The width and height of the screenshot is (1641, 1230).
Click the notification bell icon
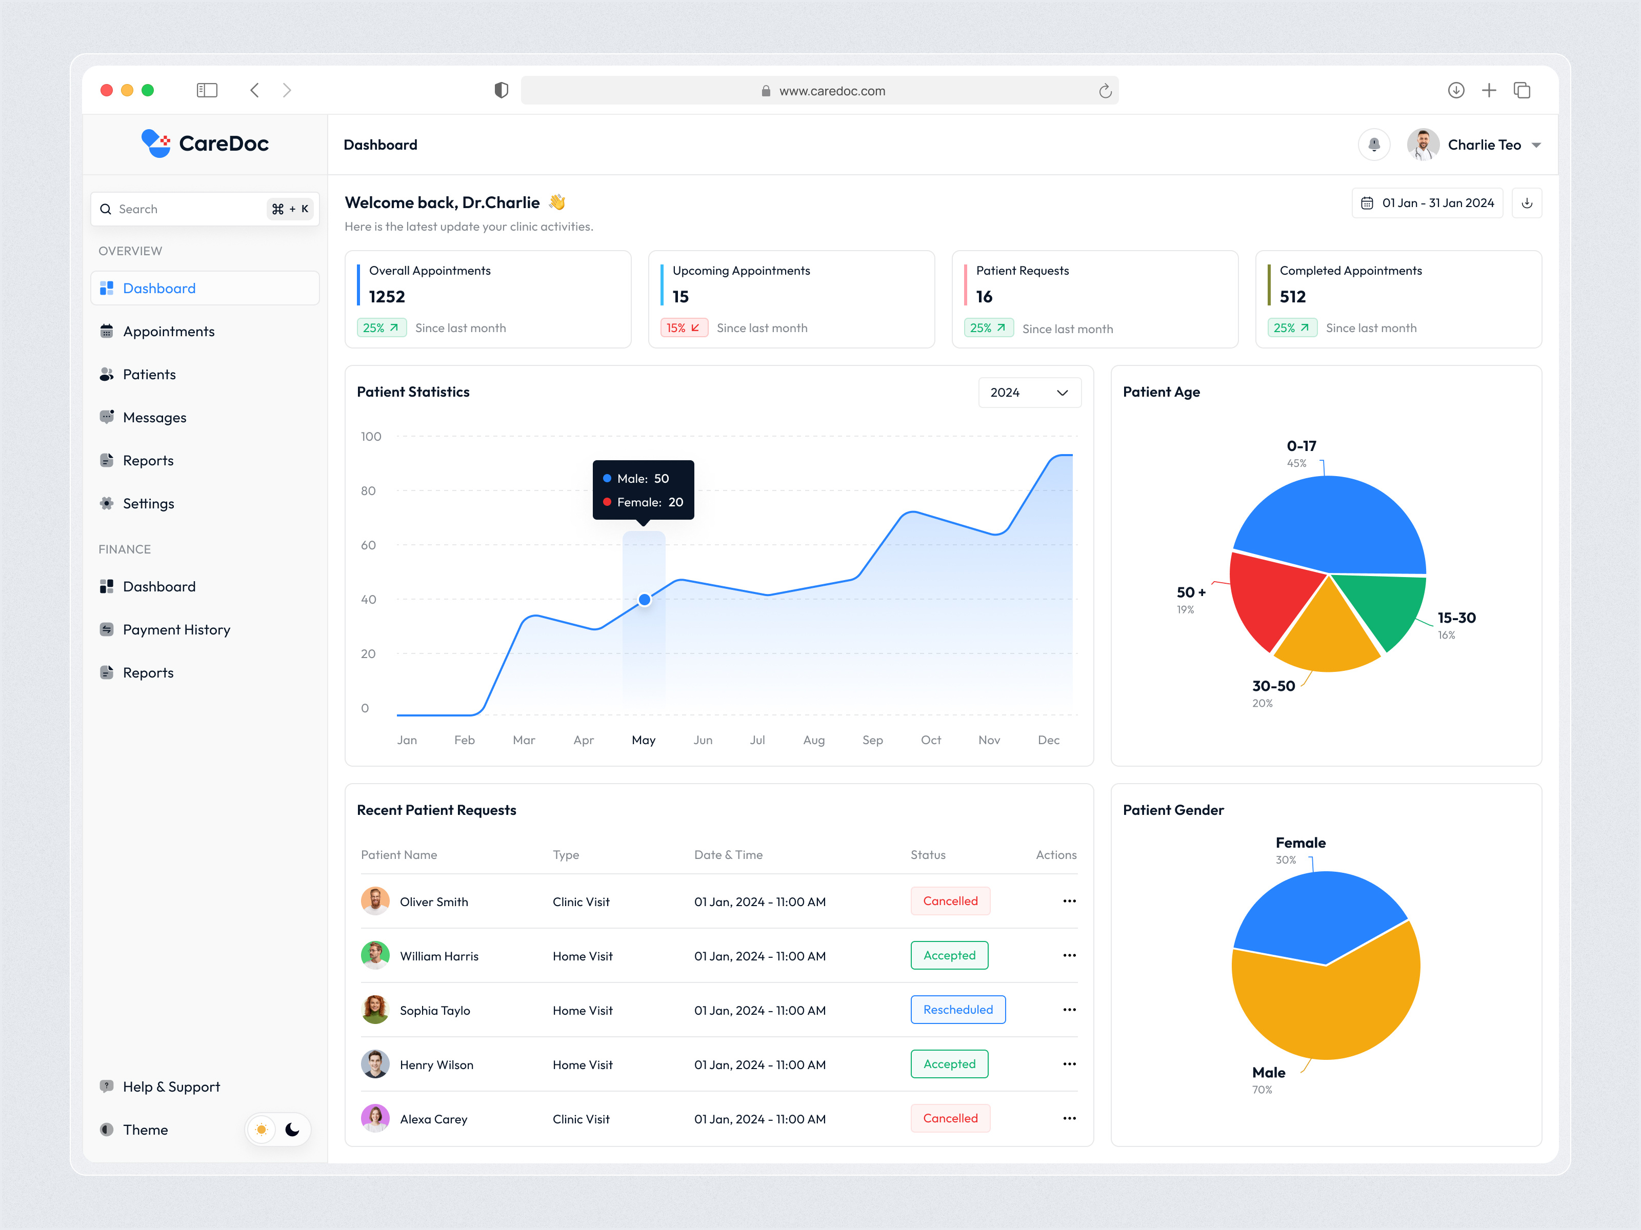click(x=1373, y=145)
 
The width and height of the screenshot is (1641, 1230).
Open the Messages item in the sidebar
click(x=154, y=417)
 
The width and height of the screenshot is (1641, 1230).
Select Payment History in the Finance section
click(x=176, y=629)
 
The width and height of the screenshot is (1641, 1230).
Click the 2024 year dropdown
click(x=1029, y=392)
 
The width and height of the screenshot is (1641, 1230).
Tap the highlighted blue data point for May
click(x=645, y=600)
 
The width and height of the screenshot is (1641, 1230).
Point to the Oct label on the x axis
click(x=930, y=740)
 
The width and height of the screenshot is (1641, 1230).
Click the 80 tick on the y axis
click(x=368, y=491)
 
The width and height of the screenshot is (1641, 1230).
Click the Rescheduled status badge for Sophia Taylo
click(x=958, y=1010)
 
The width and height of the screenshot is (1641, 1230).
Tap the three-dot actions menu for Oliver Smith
click(x=1069, y=901)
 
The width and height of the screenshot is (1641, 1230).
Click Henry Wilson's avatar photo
click(x=375, y=1064)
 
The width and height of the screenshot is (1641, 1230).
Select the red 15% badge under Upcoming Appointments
click(x=683, y=327)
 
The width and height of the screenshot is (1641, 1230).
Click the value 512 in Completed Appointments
click(x=1292, y=297)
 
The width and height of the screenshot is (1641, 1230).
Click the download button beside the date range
click(x=1527, y=203)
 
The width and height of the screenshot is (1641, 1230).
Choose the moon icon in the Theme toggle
click(x=292, y=1129)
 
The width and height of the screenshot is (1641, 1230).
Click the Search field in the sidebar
click(x=189, y=209)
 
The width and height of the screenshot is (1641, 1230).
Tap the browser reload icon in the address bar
click(x=1105, y=90)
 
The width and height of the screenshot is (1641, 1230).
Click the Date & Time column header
click(x=728, y=855)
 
